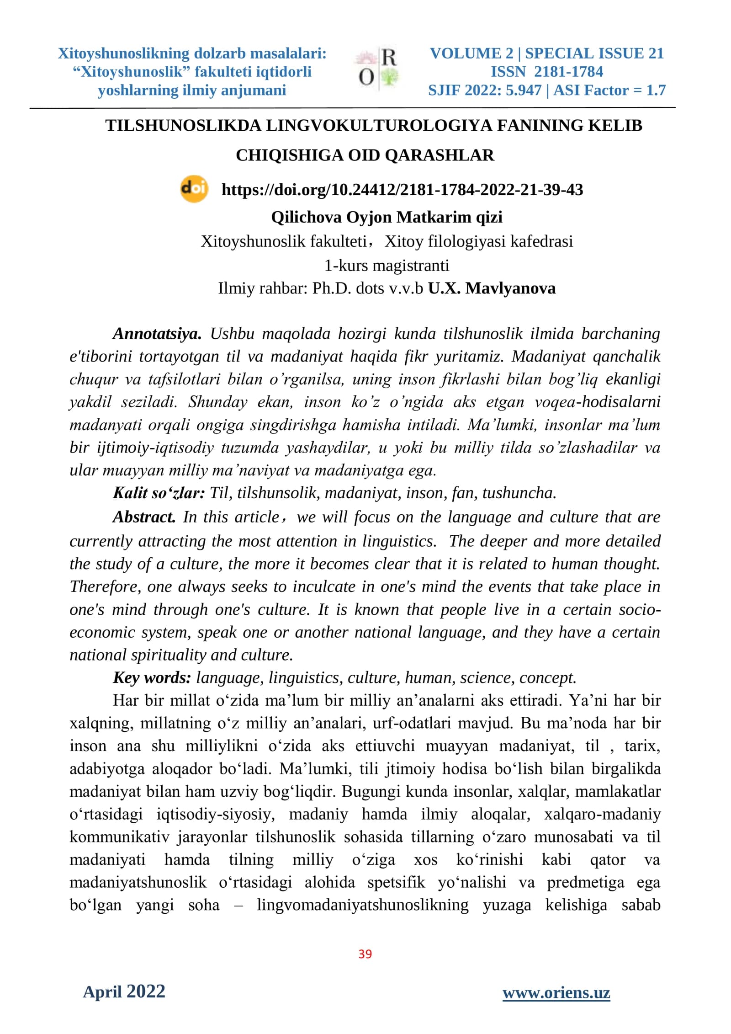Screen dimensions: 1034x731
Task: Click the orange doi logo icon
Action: tap(194, 189)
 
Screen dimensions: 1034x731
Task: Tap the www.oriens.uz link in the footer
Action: tap(556, 993)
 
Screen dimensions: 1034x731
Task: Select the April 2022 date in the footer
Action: tap(124, 991)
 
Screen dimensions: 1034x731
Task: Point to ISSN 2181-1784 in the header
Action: tap(546, 72)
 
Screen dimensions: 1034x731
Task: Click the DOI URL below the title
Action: tap(402, 190)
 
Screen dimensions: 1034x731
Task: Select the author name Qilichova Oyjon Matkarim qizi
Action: tap(387, 217)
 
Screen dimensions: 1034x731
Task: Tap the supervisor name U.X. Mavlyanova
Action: tap(492, 288)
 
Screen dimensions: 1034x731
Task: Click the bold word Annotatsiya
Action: tap(157, 334)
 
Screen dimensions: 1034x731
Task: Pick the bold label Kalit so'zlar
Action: tap(159, 493)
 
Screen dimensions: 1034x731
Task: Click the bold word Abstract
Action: tap(144, 517)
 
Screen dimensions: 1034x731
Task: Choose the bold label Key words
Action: tap(152, 678)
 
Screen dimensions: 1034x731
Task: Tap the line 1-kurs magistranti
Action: tap(387, 265)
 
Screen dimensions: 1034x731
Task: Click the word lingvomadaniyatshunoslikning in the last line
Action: tap(362, 905)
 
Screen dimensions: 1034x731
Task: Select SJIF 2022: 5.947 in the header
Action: tap(484, 91)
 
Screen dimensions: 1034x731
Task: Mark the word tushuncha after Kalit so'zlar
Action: tap(519, 493)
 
